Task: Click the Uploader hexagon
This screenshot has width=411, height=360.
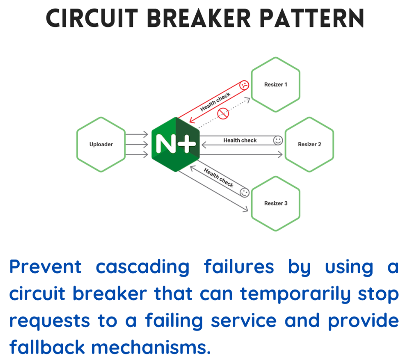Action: click(x=101, y=145)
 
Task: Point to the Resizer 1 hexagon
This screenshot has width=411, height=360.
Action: click(x=276, y=85)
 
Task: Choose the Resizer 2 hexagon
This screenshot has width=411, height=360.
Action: click(x=309, y=145)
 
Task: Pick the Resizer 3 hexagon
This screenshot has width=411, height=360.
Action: click(x=276, y=204)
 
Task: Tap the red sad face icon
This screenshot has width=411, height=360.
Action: click(x=244, y=85)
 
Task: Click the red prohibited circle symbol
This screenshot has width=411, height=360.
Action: click(x=222, y=113)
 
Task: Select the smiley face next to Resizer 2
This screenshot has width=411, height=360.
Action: click(x=278, y=140)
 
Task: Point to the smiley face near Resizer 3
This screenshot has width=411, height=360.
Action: click(x=244, y=192)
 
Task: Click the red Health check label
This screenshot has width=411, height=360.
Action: click(x=215, y=102)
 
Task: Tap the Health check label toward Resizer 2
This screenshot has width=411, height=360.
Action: click(x=240, y=140)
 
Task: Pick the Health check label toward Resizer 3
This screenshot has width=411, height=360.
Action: click(x=219, y=177)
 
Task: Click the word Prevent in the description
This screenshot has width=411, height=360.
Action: click(x=45, y=267)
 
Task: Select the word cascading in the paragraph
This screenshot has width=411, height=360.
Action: click(x=142, y=267)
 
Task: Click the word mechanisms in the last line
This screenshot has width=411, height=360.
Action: click(x=152, y=347)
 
